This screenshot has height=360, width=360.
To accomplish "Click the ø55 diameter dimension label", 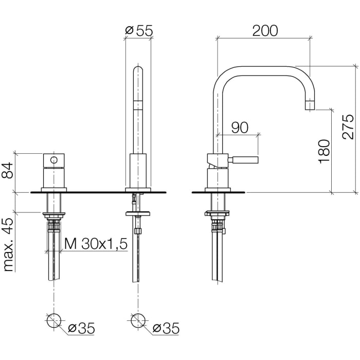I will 139,31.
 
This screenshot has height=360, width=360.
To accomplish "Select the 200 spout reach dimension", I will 265,31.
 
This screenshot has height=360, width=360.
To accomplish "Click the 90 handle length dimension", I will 239,128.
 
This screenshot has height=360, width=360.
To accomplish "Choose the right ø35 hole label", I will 167,327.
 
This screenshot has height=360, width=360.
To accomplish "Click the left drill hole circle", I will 54,321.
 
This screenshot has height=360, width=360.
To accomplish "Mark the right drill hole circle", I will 137,321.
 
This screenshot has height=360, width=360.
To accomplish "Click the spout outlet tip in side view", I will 310,106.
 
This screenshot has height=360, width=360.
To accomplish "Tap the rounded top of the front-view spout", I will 138,69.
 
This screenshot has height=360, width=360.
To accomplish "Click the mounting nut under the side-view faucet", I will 217,212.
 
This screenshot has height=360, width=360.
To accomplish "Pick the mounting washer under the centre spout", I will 137,211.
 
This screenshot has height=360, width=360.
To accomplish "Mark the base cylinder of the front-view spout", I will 138,172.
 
